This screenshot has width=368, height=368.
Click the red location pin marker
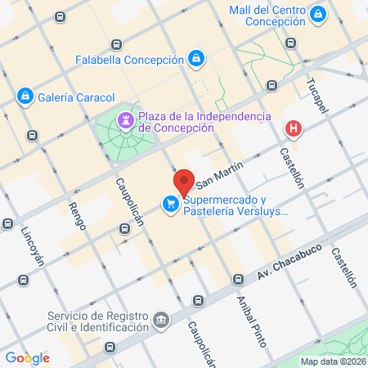click(x=184, y=182)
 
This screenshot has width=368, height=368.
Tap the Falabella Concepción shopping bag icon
click(x=196, y=59)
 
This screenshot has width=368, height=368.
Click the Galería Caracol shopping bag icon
click(x=25, y=96)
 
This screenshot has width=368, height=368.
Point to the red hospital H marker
click(x=292, y=129)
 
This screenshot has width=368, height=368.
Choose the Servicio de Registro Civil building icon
click(x=161, y=317)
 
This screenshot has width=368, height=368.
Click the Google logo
click(x=28, y=357)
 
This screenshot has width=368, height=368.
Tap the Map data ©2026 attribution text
click(x=331, y=361)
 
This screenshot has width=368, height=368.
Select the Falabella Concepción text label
click(x=129, y=60)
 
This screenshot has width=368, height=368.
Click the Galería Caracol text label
click(x=74, y=97)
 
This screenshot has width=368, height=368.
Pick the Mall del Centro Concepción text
click(x=269, y=15)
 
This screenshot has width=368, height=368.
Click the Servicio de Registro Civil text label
click(x=99, y=323)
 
